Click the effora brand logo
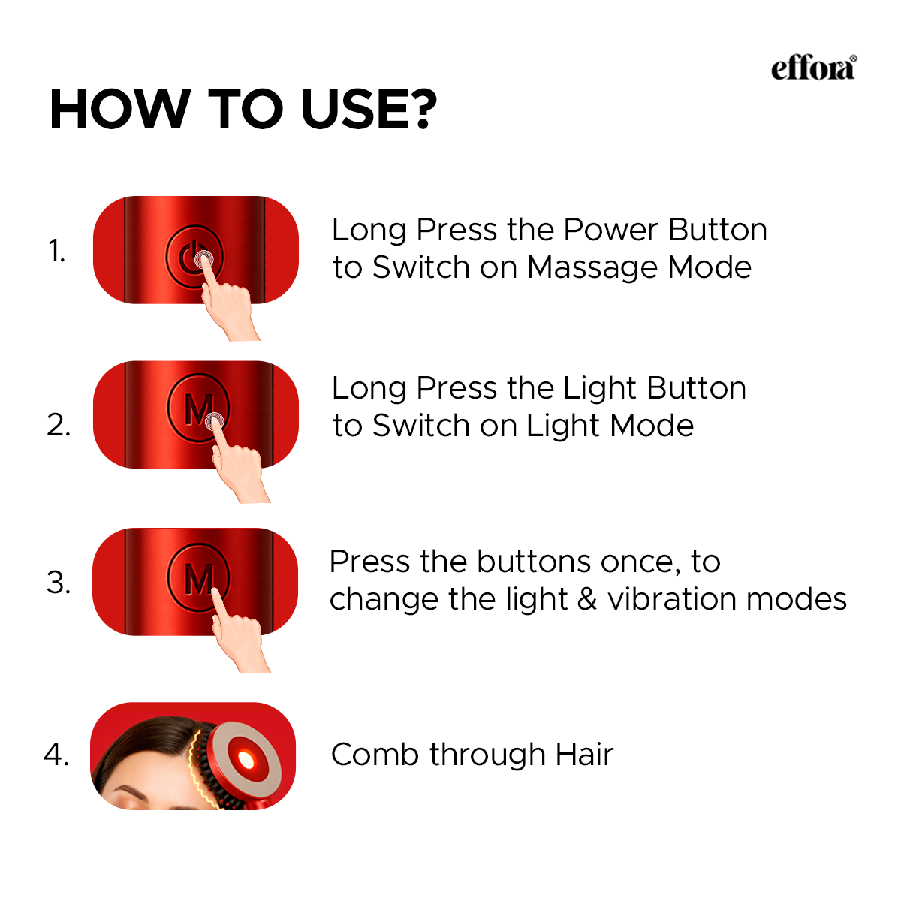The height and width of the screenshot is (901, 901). coord(813,68)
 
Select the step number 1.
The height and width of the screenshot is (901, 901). coord(57,251)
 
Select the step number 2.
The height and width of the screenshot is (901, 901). coord(59,425)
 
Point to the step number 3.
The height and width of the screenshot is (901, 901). coord(59,583)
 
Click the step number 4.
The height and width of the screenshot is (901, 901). coord(57,754)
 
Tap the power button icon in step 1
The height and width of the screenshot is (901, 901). coord(189,256)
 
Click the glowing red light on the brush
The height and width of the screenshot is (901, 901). coord(245,760)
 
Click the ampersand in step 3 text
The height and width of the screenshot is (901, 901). coord(587,599)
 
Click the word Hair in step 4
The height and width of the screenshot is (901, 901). coord(584,755)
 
